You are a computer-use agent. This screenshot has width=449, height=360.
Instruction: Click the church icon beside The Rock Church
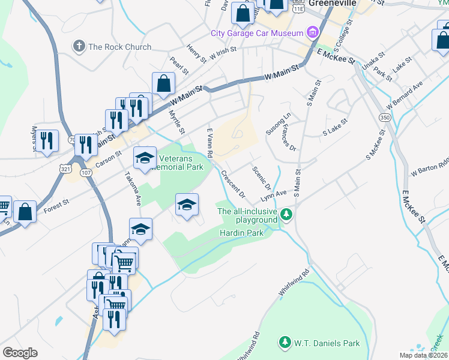(x=78, y=46)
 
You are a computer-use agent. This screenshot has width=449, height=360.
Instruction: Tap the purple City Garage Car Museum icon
(x=312, y=32)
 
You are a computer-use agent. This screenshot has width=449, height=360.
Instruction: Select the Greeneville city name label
(x=333, y=3)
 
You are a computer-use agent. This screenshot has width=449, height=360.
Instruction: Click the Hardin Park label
(x=241, y=232)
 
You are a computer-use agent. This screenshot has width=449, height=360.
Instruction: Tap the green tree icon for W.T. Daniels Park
(x=285, y=343)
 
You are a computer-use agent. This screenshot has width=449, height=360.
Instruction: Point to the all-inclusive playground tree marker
(x=287, y=214)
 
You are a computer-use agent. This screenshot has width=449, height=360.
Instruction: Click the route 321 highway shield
(x=65, y=170)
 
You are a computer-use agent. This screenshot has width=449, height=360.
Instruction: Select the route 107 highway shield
(x=86, y=173)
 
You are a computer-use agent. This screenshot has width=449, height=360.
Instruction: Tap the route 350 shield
(x=384, y=118)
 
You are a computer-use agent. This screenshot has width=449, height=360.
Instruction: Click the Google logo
(x=20, y=352)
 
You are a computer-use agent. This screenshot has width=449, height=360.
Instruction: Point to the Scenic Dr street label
(x=262, y=178)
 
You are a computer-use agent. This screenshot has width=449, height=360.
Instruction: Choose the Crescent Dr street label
(x=233, y=184)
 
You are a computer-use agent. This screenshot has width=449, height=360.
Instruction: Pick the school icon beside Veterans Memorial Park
(x=144, y=158)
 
